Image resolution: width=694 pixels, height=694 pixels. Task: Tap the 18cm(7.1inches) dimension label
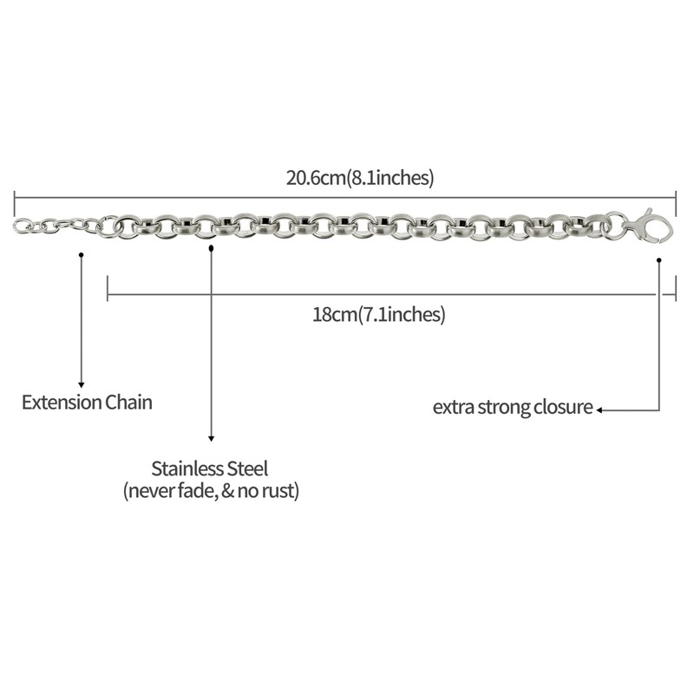[379, 314]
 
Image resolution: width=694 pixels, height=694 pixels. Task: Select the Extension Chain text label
[87, 403]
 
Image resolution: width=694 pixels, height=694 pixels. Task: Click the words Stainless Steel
[210, 468]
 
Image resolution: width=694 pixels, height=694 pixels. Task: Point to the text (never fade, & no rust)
[211, 491]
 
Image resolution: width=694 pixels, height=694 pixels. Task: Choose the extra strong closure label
[513, 407]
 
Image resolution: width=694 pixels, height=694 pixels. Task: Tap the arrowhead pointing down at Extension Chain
[82, 383]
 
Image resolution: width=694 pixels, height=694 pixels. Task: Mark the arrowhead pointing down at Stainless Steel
[211, 439]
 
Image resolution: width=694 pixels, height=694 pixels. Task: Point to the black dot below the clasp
[659, 259]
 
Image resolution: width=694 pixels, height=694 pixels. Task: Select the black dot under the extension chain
[82, 254]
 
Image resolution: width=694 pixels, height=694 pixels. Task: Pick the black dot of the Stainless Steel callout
[211, 247]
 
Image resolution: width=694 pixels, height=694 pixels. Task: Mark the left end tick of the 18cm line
[107, 288]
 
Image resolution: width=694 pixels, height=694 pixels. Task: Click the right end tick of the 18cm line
[676, 295]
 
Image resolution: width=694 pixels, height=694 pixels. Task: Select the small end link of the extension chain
[21, 226]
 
